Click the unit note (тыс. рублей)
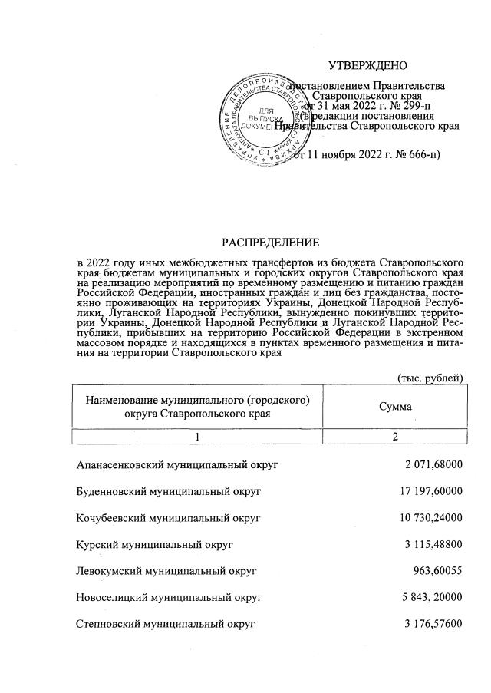tap(430, 378)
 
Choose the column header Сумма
tap(395, 405)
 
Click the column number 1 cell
tap(197, 436)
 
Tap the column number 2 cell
tap(395, 436)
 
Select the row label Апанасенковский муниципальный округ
tap(177, 465)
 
